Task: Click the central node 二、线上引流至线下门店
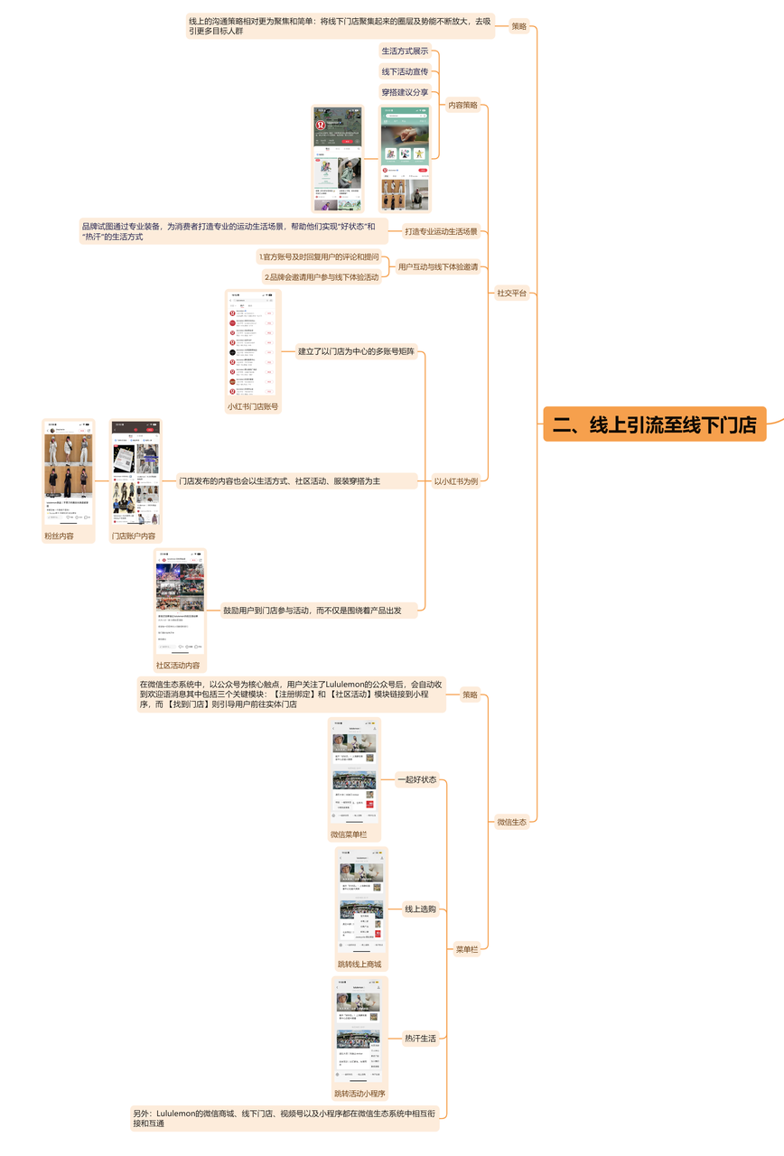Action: pos(654,424)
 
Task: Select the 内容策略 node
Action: pos(463,105)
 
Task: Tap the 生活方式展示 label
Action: pos(405,51)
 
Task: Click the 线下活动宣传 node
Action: pos(405,71)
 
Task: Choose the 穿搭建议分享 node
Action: pos(405,92)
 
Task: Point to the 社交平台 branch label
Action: pos(511,293)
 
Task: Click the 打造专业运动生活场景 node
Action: pos(441,232)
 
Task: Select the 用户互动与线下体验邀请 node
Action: pos(437,267)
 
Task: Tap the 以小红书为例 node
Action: pos(455,481)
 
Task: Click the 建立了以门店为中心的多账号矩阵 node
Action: pos(356,351)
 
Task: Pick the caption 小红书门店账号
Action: pos(253,407)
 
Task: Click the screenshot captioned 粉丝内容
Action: pos(69,472)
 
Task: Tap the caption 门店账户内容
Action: pos(134,536)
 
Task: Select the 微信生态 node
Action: pos(511,822)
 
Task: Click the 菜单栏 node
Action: pos(466,949)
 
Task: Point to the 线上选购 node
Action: pos(420,909)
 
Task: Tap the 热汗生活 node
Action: pos(420,1039)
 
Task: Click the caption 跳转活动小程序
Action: pos(359,1094)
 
